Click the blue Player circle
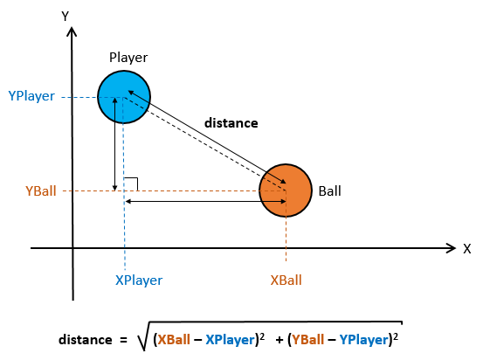click(x=124, y=97)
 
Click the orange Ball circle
click(x=286, y=190)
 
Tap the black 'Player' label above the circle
click(x=128, y=58)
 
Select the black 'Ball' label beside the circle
click(x=329, y=191)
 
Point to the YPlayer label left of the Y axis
click(x=31, y=96)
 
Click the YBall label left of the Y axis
click(x=41, y=191)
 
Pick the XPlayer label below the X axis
click(x=139, y=280)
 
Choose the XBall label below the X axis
click(x=286, y=280)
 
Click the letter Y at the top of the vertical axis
click(x=65, y=17)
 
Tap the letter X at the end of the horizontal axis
click(x=467, y=249)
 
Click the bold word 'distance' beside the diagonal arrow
click(x=231, y=123)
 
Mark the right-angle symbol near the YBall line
click(x=131, y=184)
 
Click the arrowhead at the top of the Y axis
click(x=72, y=31)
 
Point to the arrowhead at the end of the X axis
click(x=451, y=248)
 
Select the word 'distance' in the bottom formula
click(x=86, y=340)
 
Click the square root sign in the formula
click(x=143, y=336)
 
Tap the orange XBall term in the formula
click(x=174, y=340)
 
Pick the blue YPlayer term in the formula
click(x=363, y=340)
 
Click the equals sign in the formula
click(x=123, y=340)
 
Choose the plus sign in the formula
click(x=279, y=340)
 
